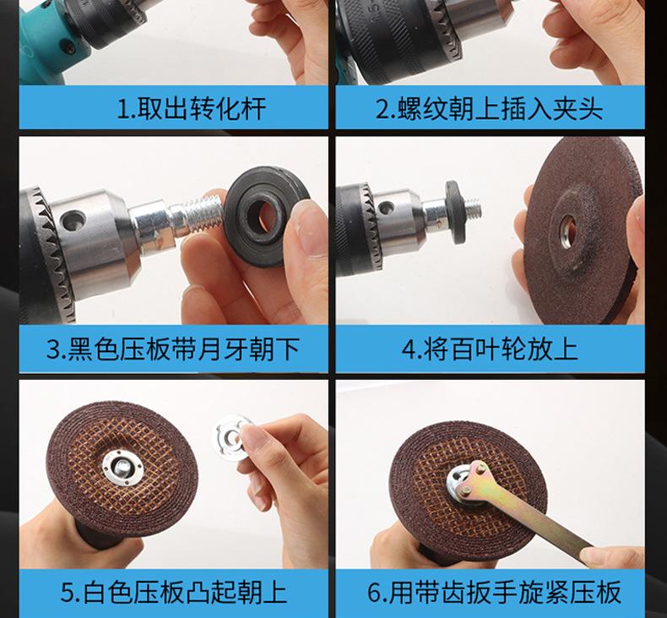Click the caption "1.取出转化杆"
(191, 109)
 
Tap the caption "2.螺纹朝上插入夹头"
(490, 109)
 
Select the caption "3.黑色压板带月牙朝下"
(173, 350)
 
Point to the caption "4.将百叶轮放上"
(490, 350)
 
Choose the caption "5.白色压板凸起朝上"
(174, 592)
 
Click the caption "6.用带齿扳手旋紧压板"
(494, 592)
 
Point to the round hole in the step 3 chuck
(73, 221)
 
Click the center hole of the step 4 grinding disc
(568, 230)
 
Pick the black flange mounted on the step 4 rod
(453, 212)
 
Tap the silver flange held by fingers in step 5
(230, 438)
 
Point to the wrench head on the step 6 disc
(469, 480)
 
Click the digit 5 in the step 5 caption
(68, 592)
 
